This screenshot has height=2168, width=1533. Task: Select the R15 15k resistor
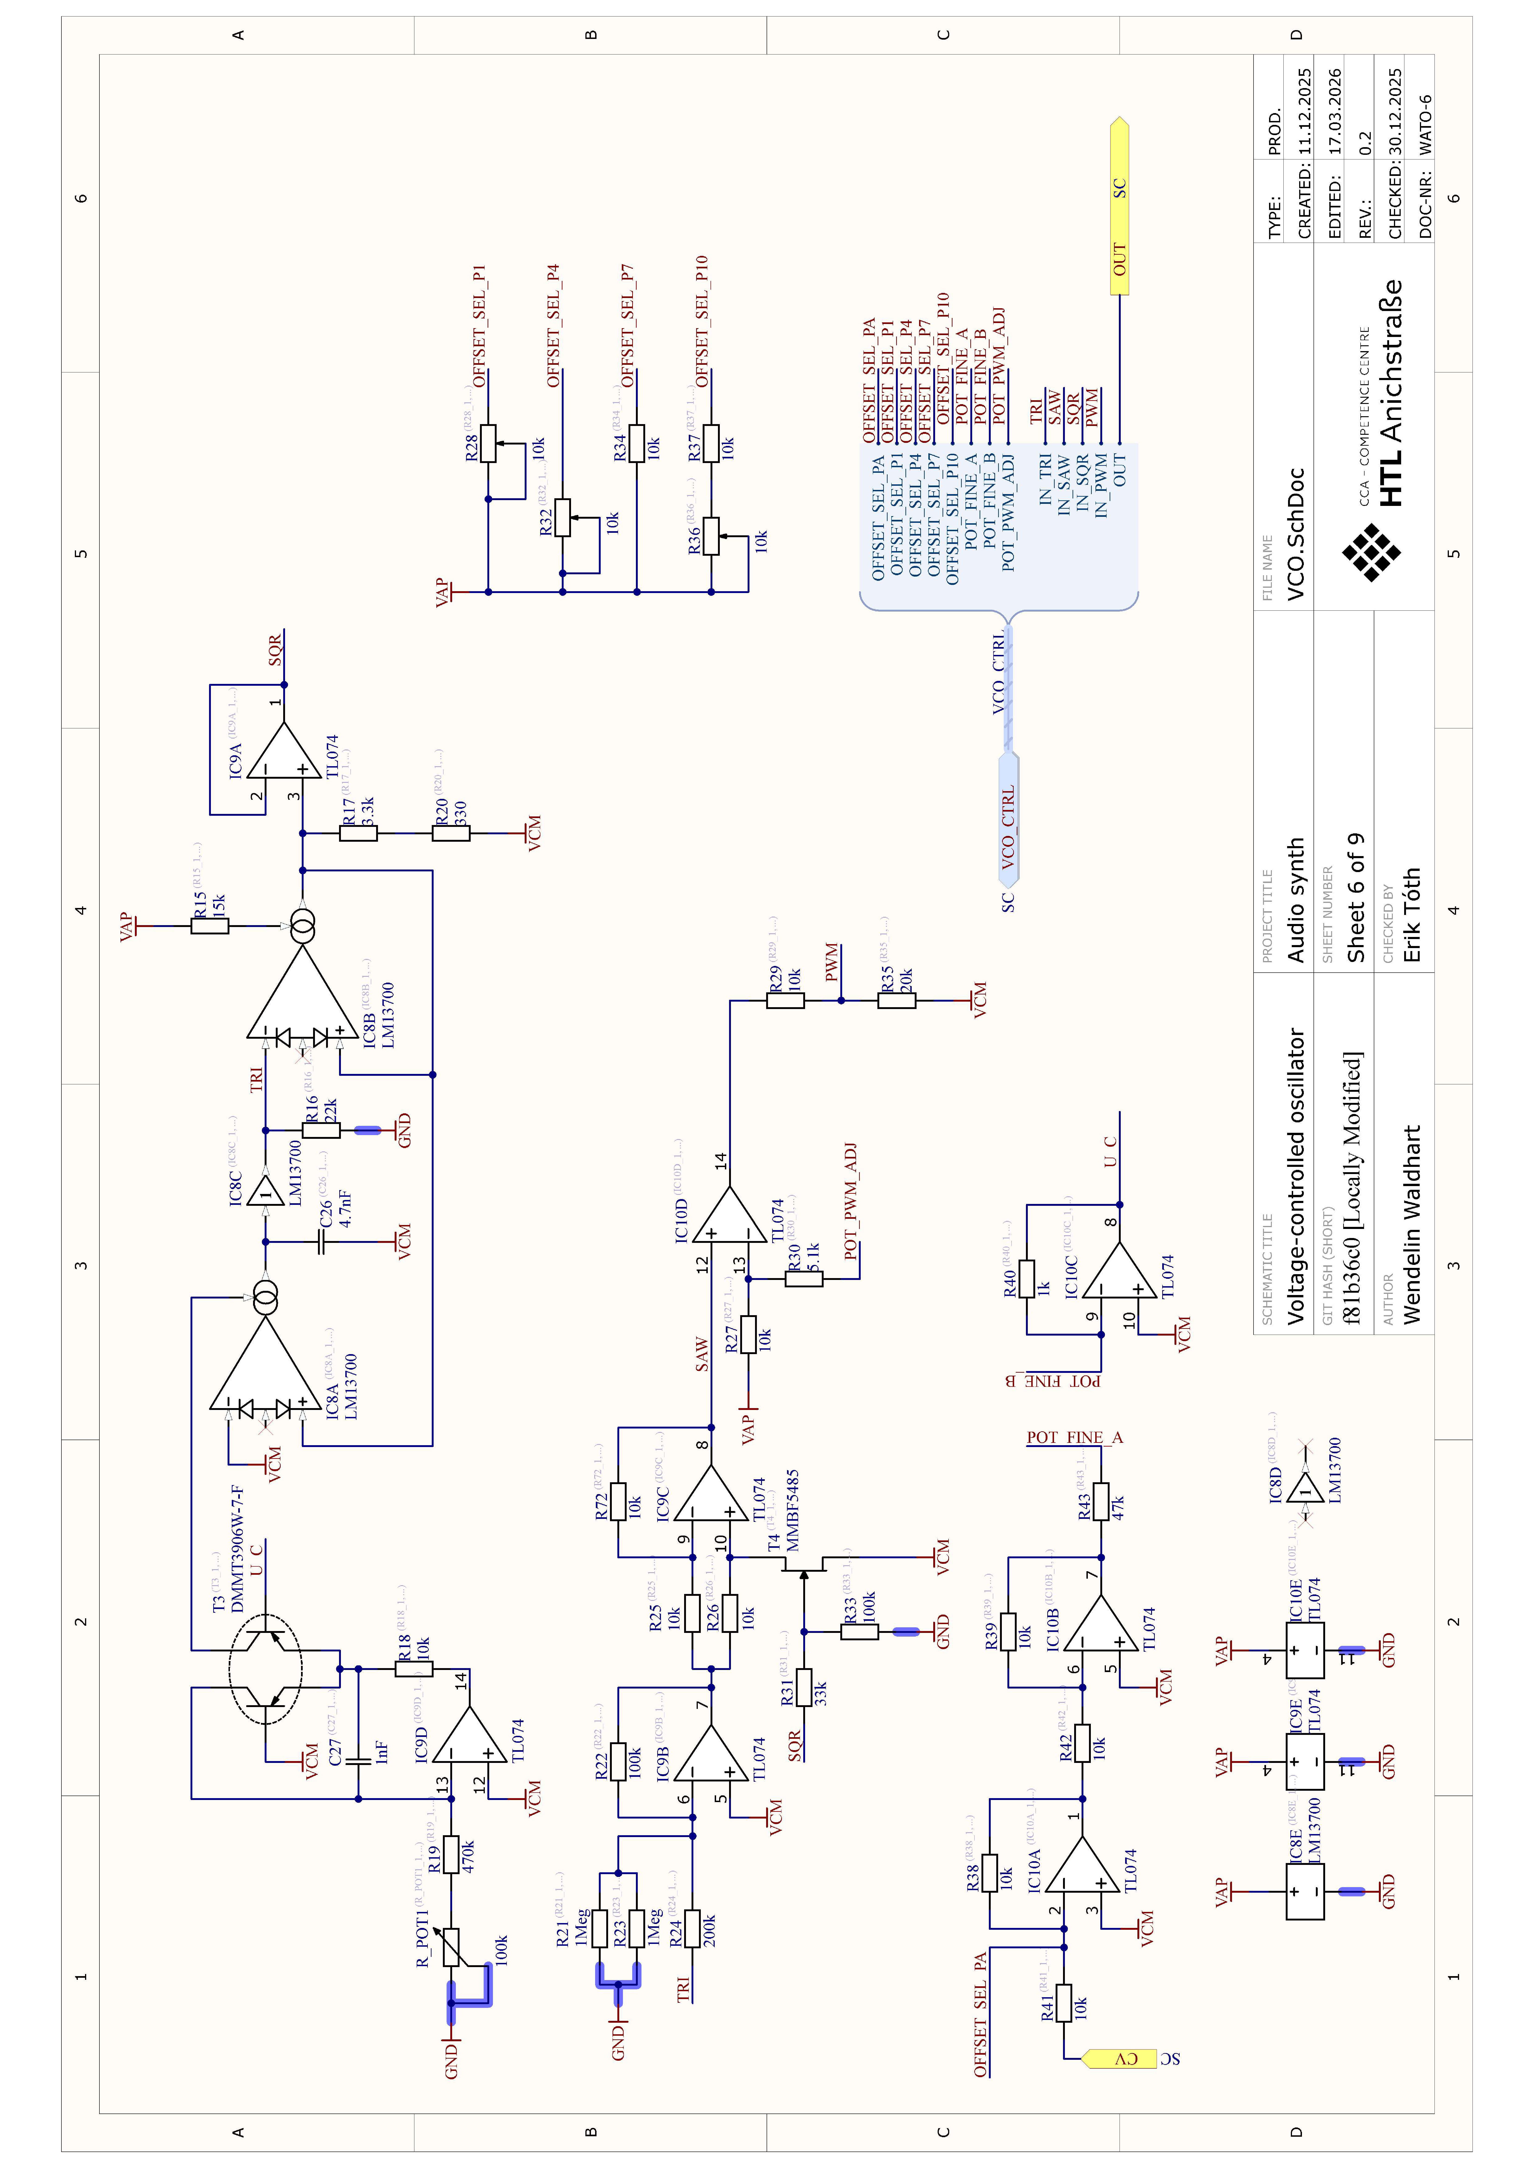point(209,926)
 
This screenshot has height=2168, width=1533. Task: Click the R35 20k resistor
point(897,1000)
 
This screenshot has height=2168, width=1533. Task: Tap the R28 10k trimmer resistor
point(488,444)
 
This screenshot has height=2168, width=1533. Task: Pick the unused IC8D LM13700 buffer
point(1305,1489)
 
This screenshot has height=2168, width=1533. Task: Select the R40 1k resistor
point(1027,1279)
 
